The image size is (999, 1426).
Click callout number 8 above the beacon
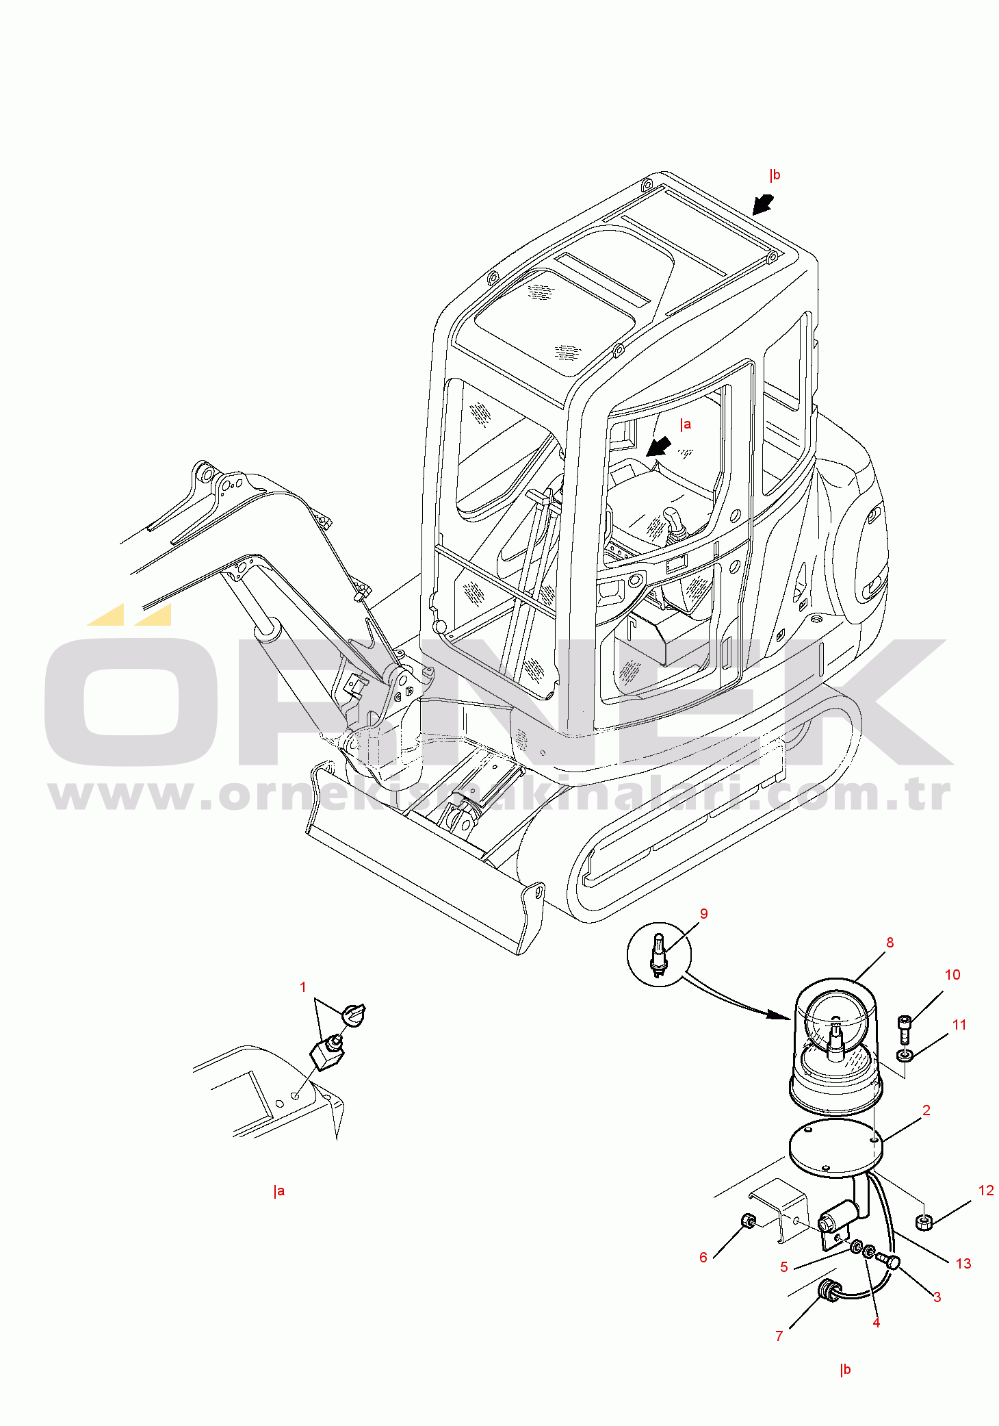click(890, 943)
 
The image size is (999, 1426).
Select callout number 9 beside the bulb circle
click(703, 914)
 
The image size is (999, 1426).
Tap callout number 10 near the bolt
click(952, 975)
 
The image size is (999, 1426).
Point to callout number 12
click(986, 1191)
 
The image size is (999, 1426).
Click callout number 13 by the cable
click(963, 1264)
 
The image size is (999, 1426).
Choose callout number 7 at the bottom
click(779, 1336)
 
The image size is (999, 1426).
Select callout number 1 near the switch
click(303, 987)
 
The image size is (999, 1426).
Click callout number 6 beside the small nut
click(703, 1257)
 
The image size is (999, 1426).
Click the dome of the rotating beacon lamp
click(835, 1027)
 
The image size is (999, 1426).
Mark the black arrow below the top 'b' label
click(763, 204)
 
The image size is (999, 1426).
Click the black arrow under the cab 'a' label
click(659, 447)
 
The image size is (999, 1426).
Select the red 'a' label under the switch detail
click(278, 1191)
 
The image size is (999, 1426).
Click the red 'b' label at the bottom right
click(846, 1369)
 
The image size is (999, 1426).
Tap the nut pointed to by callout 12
click(924, 1221)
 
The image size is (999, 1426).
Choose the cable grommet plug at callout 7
click(830, 1291)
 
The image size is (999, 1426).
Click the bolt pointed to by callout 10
click(905, 1028)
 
